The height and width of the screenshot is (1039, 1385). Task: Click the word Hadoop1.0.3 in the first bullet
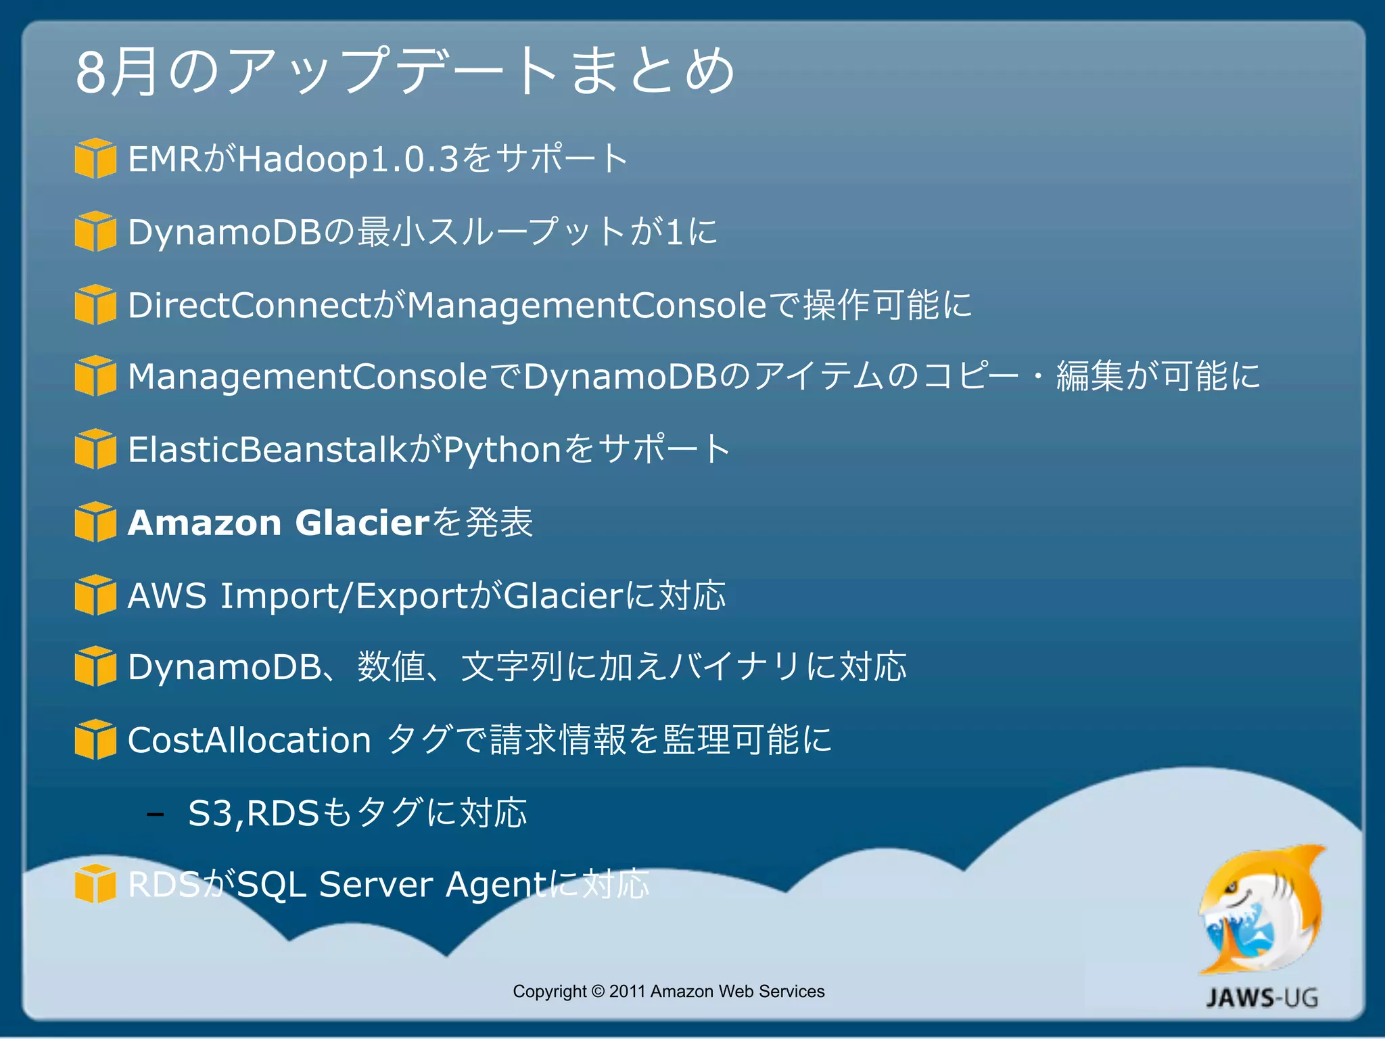[x=348, y=160]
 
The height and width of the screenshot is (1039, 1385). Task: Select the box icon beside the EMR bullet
[x=95, y=158]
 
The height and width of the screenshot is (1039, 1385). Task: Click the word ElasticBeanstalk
[x=267, y=450]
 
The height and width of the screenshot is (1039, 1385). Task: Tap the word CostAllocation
[x=249, y=740]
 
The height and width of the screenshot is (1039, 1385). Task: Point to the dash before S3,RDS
[x=155, y=814]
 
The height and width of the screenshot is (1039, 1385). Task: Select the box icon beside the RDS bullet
[x=95, y=883]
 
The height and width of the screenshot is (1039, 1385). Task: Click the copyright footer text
[x=668, y=991]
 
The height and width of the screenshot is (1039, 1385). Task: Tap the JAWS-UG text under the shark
[x=1262, y=998]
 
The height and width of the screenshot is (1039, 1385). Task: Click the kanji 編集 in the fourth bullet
[x=1089, y=377]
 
